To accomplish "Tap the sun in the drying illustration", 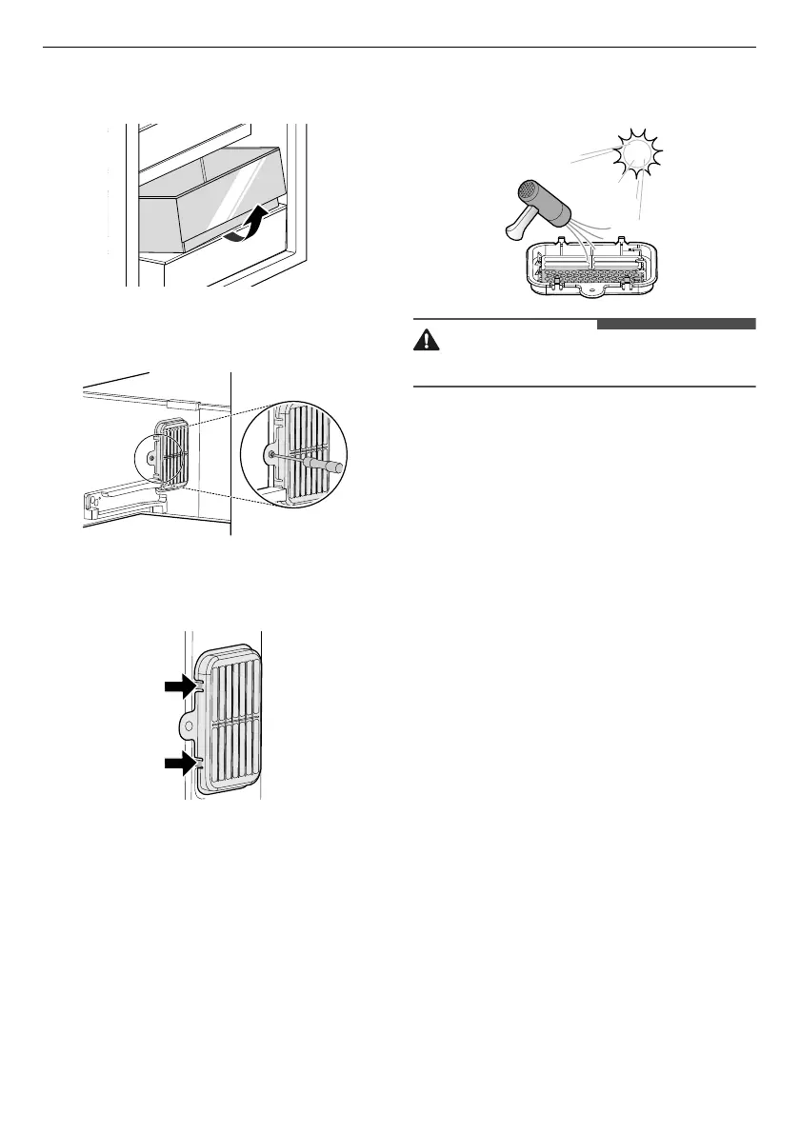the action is click(638, 156).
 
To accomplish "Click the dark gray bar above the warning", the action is click(675, 325).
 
